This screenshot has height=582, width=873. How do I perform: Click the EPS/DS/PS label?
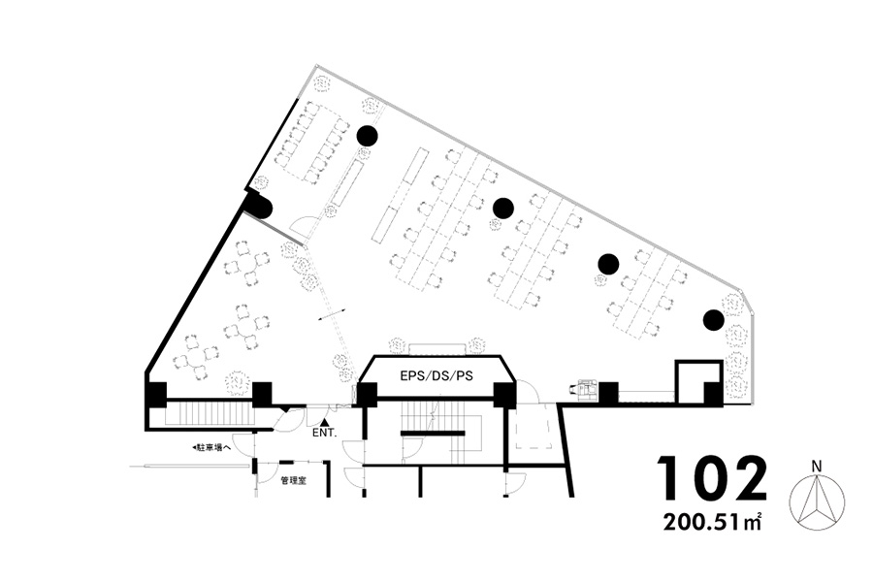436,376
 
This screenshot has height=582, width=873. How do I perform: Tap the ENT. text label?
324,433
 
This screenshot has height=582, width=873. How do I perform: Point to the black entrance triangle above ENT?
325,424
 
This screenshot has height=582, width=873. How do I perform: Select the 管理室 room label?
293,480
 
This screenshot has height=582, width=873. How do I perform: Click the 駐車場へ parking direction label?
211,447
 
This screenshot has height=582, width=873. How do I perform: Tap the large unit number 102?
712,478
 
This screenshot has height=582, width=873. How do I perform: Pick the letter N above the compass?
817,466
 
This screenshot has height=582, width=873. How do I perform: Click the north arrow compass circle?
818,501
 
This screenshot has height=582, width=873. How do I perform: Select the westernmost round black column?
367,135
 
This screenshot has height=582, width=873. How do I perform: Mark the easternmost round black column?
713,320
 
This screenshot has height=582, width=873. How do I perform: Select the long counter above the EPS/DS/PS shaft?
437,348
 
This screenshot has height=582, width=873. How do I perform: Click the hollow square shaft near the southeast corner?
699,381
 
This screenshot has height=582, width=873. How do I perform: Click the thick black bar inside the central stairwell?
433,433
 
